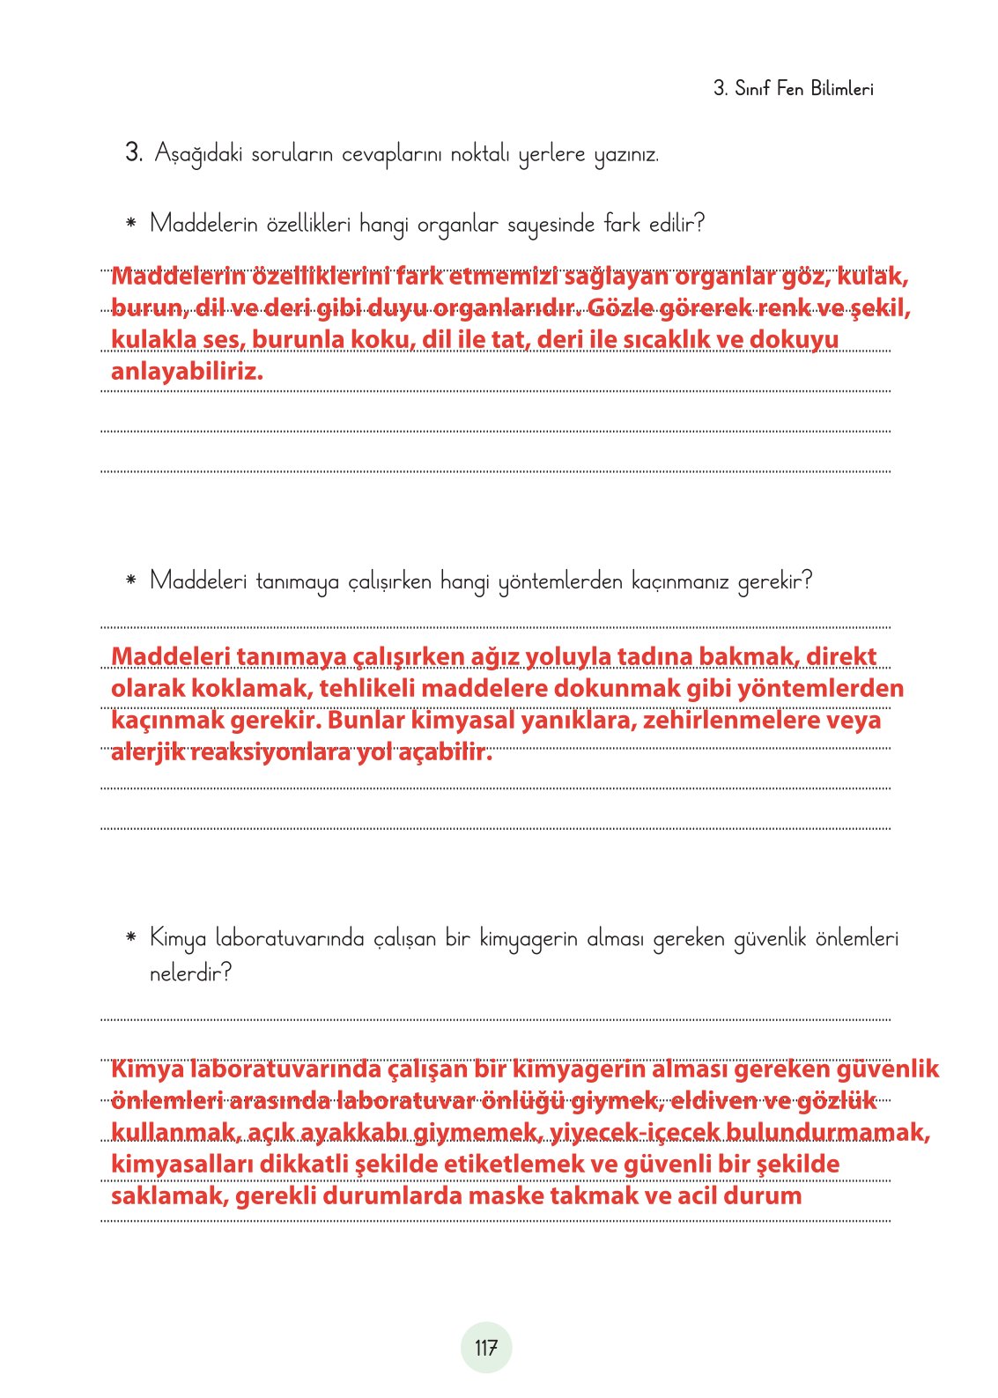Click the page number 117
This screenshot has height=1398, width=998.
pos(486,1348)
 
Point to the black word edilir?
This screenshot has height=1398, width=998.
pos(676,224)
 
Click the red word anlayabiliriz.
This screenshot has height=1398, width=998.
pos(187,372)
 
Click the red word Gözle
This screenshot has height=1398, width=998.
pos(620,308)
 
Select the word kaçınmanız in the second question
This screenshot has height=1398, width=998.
pos(679,581)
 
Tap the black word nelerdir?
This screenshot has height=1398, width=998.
pos(190,973)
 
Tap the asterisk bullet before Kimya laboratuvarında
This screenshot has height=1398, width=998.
pos(131,937)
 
